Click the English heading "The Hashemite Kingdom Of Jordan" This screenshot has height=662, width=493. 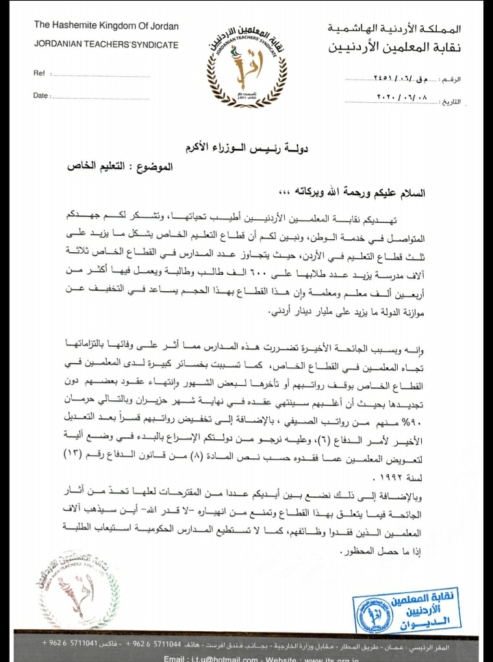coord(106,26)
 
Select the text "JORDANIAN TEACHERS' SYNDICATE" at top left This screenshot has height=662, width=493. coord(106,45)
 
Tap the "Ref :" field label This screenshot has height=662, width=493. coord(40,73)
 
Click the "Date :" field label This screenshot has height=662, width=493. coord(41,96)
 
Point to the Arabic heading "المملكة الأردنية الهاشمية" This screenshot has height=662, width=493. coord(394,29)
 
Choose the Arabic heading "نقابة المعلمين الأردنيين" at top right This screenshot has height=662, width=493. coord(394,48)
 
